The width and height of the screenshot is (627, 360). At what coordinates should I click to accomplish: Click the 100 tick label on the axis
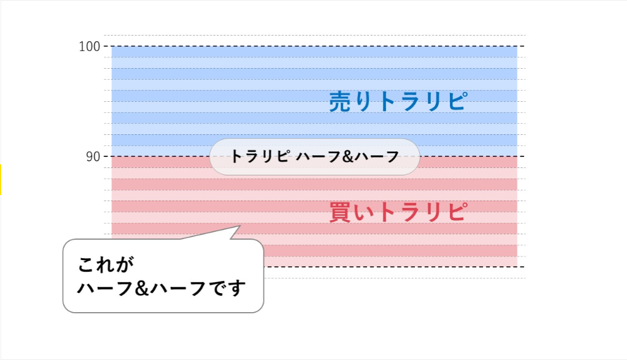pyautogui.click(x=89, y=47)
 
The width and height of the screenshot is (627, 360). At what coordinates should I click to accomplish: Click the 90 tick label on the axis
pyautogui.click(x=93, y=156)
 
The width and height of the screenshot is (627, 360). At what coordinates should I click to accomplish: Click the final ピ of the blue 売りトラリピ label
pyautogui.click(x=457, y=101)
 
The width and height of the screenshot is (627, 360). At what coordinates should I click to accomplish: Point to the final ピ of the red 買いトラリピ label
pyautogui.click(x=457, y=211)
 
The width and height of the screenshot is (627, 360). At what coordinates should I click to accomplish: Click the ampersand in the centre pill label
pyautogui.click(x=348, y=156)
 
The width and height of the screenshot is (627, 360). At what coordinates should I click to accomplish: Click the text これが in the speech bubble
pyautogui.click(x=105, y=264)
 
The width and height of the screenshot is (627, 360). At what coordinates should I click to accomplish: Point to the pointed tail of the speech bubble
pyautogui.click(x=239, y=226)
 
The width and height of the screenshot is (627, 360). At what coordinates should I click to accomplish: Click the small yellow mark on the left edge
pyautogui.click(x=1, y=180)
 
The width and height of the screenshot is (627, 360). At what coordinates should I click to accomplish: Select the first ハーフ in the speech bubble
pyautogui.click(x=105, y=288)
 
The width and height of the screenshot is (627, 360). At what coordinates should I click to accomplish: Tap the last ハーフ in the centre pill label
pyautogui.click(x=377, y=156)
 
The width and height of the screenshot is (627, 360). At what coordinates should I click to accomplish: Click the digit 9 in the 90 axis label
pyautogui.click(x=89, y=156)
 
